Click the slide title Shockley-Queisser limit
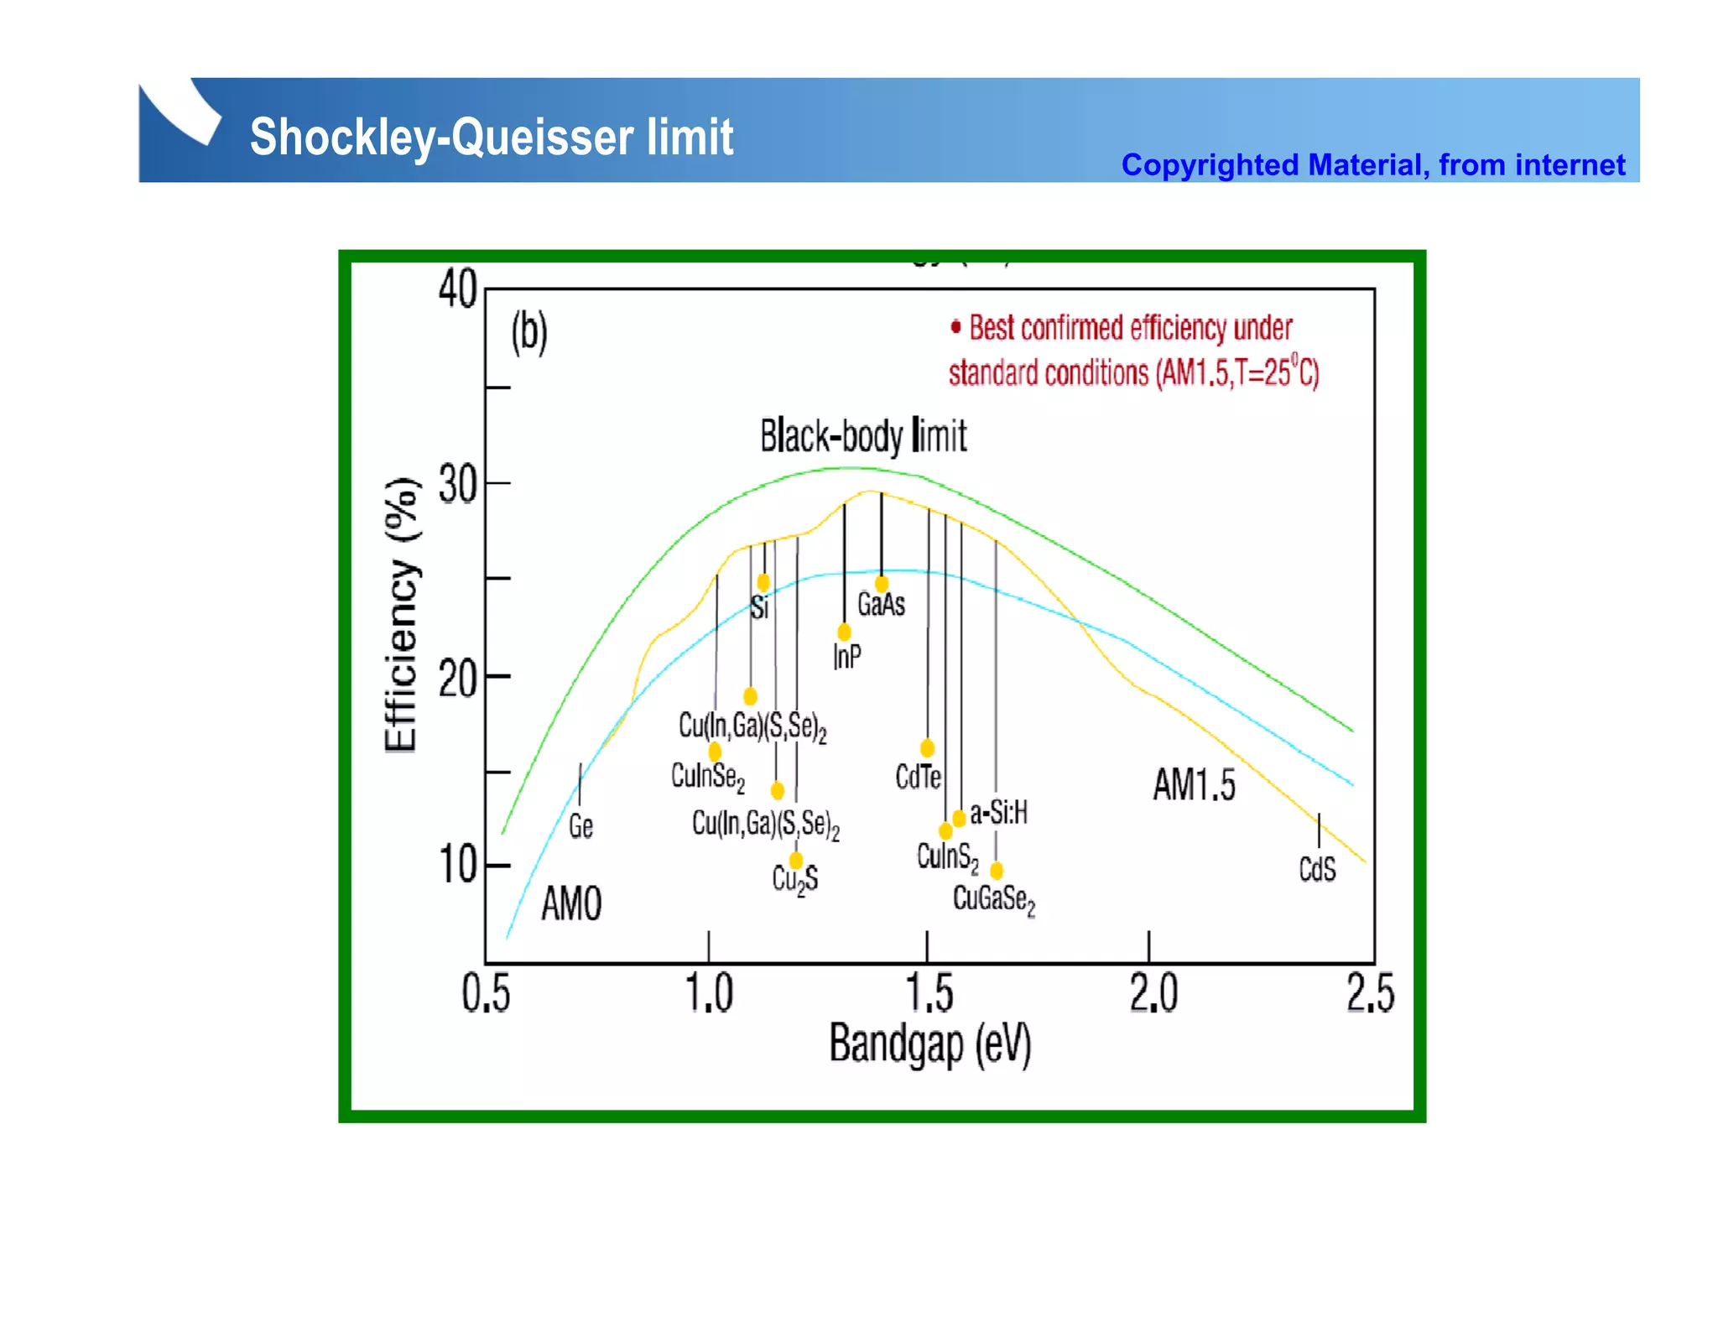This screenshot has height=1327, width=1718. (492, 137)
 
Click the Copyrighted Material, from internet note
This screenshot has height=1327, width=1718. (1372, 165)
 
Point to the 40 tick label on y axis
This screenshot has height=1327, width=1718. (457, 291)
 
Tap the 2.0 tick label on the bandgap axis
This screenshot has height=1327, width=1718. (1153, 994)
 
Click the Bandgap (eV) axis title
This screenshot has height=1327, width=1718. (929, 1045)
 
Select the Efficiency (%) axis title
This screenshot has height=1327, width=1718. (401, 616)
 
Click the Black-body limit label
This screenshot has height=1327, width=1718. (862, 437)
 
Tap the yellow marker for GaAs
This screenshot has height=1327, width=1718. (881, 584)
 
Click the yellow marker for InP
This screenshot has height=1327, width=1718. (844, 632)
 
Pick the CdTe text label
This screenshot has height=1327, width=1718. (918, 777)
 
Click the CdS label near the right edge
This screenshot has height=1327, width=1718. (1316, 869)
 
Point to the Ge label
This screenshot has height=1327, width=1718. (580, 827)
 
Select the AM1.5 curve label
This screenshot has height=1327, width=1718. (1193, 786)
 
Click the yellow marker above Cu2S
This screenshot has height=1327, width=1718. (796, 861)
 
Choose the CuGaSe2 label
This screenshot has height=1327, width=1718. (993, 900)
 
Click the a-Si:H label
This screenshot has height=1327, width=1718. (998, 812)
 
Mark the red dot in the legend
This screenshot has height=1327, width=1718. (955, 327)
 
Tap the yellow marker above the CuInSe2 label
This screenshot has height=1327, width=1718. (715, 752)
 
